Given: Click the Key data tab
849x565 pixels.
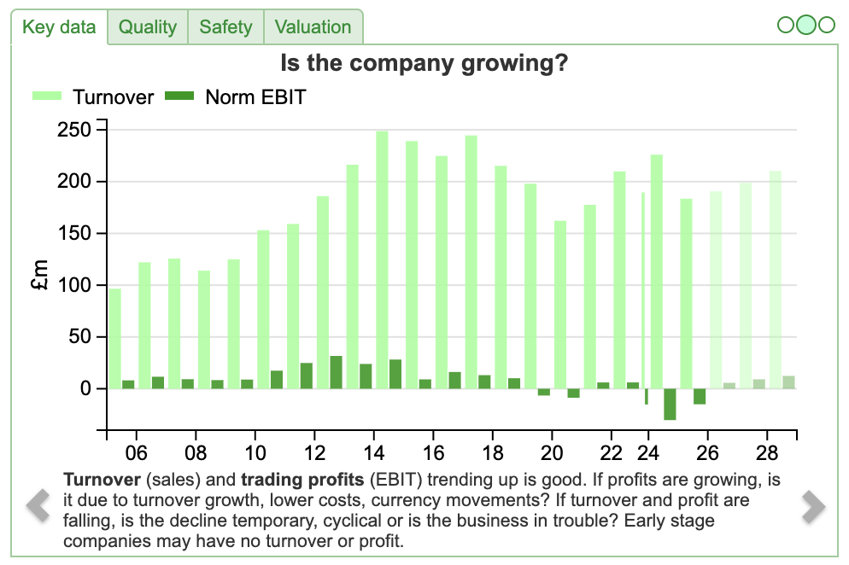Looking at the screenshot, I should (59, 27).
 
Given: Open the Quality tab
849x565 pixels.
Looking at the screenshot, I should (148, 27).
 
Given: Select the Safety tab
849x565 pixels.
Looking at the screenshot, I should (225, 27).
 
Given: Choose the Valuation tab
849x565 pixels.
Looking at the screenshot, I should (313, 27).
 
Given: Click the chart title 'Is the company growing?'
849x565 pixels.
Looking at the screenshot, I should (424, 63).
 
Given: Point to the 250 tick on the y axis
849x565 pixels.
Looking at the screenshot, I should (74, 130).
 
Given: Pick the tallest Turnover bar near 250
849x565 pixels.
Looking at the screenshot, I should (382, 256).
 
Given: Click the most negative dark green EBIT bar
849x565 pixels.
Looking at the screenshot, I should (670, 405).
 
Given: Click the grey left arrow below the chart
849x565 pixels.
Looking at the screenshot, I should (38, 505).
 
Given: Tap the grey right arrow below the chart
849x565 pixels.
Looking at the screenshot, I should (812, 507).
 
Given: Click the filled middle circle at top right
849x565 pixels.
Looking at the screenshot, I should (806, 25).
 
